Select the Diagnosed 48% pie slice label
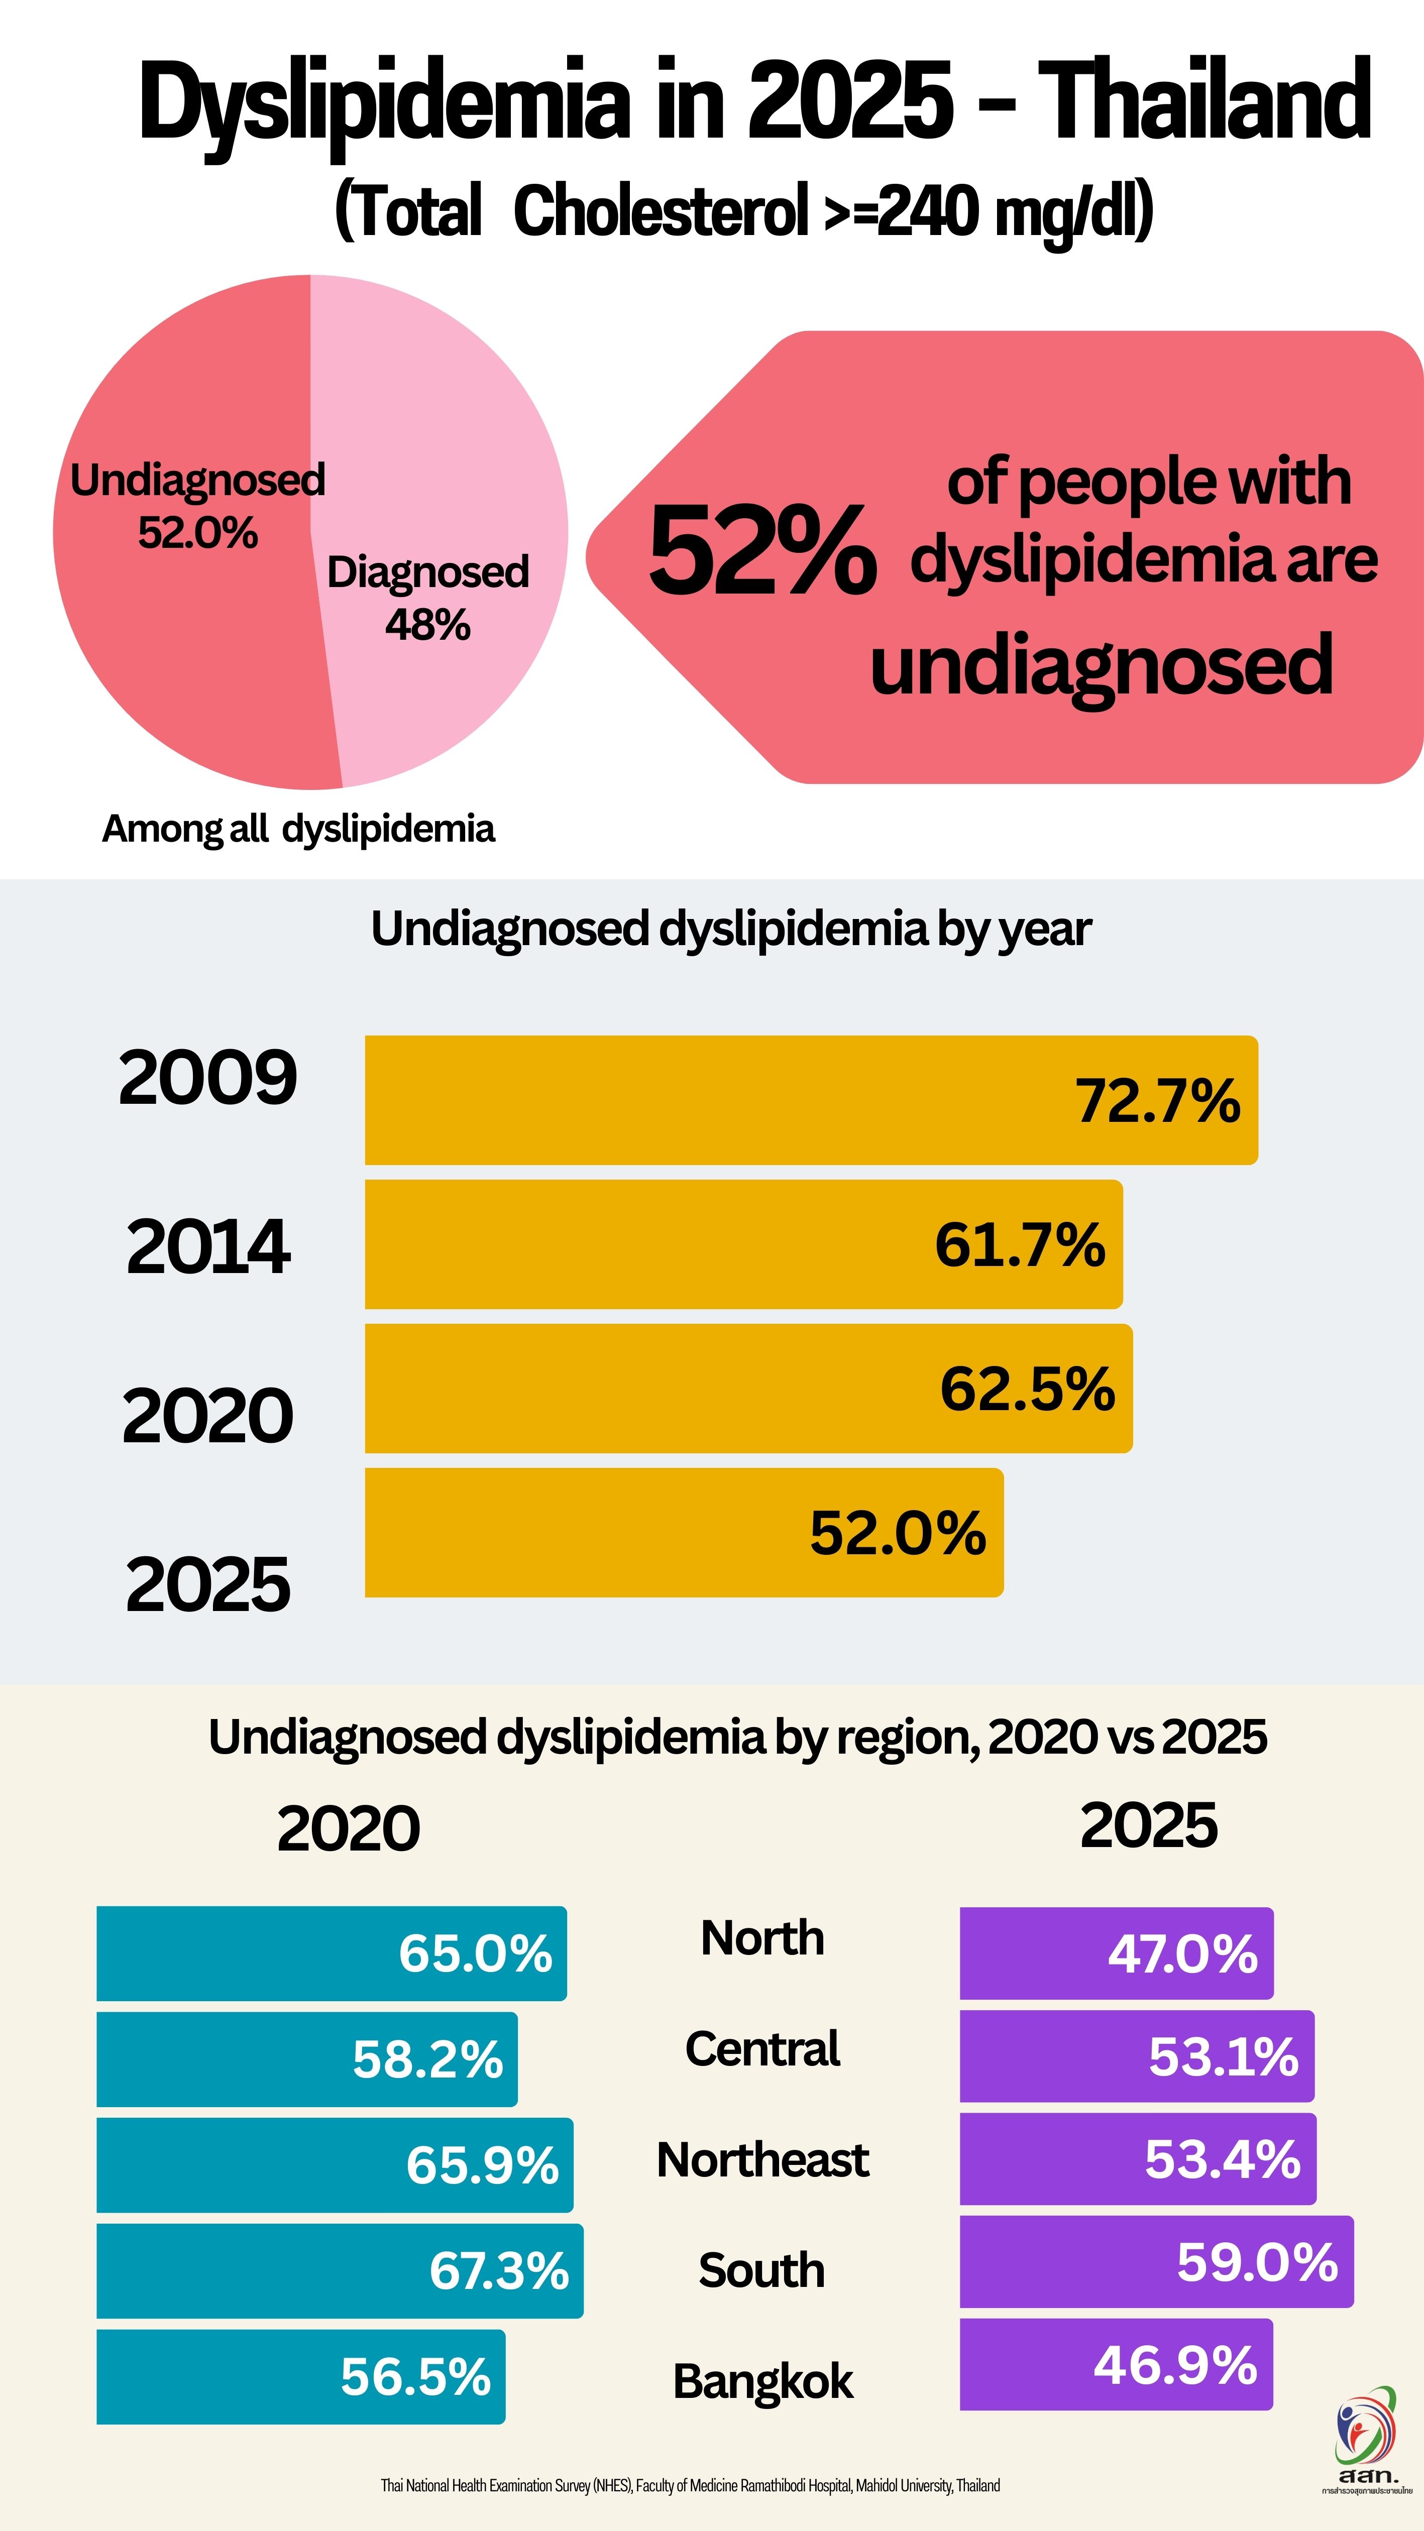tap(427, 598)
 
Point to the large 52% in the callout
tap(761, 551)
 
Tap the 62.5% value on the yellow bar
tap(1027, 1390)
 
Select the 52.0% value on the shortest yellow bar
tap(897, 1533)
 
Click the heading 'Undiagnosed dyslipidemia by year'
tap(730, 929)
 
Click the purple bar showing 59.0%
tap(1156, 2262)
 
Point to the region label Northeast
tap(762, 2159)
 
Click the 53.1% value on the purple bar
tap(1224, 2056)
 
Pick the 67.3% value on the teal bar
tap(498, 2271)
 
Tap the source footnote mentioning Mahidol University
tap(690, 2485)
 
